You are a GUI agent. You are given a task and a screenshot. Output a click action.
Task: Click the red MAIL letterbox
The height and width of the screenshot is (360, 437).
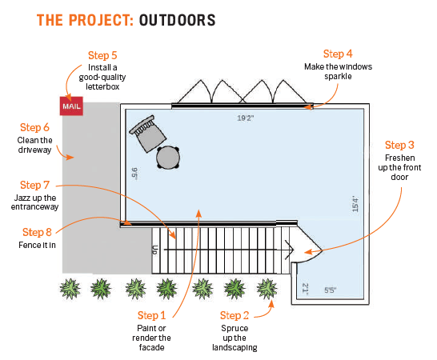click(x=71, y=106)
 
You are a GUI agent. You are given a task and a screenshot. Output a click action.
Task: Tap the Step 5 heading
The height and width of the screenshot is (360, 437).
click(x=102, y=55)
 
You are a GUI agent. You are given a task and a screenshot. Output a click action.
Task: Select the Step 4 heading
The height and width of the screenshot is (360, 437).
click(x=338, y=54)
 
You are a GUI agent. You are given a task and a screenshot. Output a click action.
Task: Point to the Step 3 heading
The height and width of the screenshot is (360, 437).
click(x=399, y=145)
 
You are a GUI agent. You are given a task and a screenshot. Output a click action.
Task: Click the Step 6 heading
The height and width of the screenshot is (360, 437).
click(x=34, y=127)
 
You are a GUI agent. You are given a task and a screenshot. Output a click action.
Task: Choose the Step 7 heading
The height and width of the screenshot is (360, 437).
click(x=34, y=185)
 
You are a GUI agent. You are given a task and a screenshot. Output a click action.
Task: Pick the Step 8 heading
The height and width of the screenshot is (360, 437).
click(x=37, y=232)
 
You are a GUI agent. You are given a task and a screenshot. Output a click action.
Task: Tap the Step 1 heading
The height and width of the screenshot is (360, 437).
click(x=151, y=315)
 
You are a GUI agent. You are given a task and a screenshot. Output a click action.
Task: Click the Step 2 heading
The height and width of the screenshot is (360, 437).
click(x=235, y=315)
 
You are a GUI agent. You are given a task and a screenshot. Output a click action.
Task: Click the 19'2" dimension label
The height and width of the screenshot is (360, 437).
click(x=245, y=118)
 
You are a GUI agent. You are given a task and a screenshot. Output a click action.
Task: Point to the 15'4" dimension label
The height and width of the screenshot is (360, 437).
click(x=355, y=204)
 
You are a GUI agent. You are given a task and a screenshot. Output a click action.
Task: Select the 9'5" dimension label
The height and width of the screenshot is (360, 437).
click(x=134, y=174)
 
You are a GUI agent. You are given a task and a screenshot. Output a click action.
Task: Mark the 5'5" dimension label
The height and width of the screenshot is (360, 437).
click(x=330, y=290)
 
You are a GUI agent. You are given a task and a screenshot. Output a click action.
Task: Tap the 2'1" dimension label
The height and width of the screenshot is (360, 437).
click(x=306, y=288)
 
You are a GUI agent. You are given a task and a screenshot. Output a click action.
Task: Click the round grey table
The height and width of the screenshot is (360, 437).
click(x=168, y=158)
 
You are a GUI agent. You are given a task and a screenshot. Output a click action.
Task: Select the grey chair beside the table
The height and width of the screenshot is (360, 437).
click(x=147, y=134)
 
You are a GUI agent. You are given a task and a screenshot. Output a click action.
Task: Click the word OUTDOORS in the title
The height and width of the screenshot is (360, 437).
click(x=177, y=20)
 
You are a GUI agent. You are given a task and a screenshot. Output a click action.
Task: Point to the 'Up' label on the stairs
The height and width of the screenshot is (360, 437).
click(x=155, y=250)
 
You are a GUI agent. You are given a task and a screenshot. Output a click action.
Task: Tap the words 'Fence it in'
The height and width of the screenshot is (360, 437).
click(x=37, y=245)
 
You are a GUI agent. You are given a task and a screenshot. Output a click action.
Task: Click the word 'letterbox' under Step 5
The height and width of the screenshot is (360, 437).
click(x=102, y=86)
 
